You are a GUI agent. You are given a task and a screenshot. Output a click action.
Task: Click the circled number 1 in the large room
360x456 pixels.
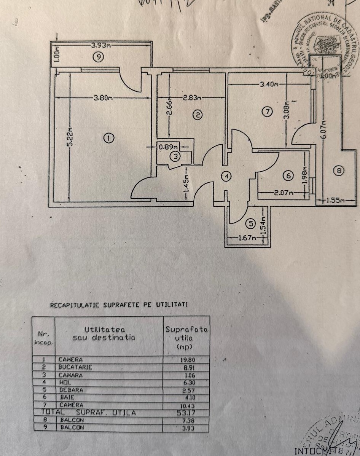109,138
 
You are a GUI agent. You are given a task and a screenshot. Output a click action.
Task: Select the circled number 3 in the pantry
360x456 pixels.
175,156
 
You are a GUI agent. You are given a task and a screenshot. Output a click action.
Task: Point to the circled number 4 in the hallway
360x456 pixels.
226,176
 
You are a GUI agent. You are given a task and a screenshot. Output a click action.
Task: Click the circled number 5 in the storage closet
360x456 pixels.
250,224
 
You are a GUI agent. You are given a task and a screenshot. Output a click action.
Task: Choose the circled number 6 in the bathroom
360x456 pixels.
288,175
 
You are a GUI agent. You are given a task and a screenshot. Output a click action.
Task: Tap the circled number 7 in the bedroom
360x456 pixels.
268,112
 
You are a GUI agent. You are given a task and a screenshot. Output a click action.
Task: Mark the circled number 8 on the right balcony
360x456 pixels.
338,171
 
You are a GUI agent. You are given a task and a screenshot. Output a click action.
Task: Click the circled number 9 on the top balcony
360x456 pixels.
98,57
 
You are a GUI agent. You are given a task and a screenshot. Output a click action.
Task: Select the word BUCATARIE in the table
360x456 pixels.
75,367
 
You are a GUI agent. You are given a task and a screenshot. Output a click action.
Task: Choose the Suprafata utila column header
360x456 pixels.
186,338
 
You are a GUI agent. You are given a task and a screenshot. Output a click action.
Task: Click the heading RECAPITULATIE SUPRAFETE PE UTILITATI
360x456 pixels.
119,305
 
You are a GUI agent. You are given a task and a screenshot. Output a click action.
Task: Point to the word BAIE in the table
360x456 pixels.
65,397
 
